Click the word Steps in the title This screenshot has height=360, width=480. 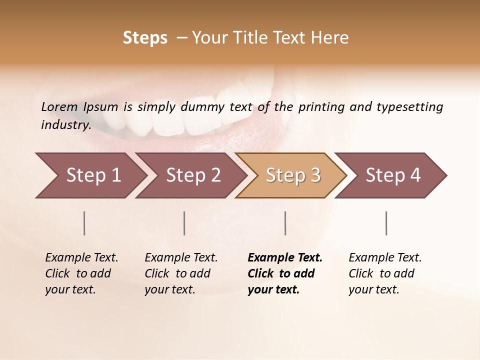click(x=145, y=38)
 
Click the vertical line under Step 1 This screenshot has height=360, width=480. click(x=84, y=223)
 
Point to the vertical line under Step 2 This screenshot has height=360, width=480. click(x=184, y=223)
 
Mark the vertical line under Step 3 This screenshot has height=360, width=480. click(x=285, y=223)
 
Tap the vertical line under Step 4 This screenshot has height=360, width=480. click(x=386, y=223)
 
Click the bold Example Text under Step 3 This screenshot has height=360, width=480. click(x=285, y=258)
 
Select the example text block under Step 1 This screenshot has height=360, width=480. click(x=81, y=273)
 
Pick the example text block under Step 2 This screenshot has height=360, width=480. click(x=181, y=273)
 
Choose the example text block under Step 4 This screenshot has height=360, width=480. click(x=385, y=273)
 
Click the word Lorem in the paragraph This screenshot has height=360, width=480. click(x=59, y=106)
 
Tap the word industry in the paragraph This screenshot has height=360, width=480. click(x=65, y=124)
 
